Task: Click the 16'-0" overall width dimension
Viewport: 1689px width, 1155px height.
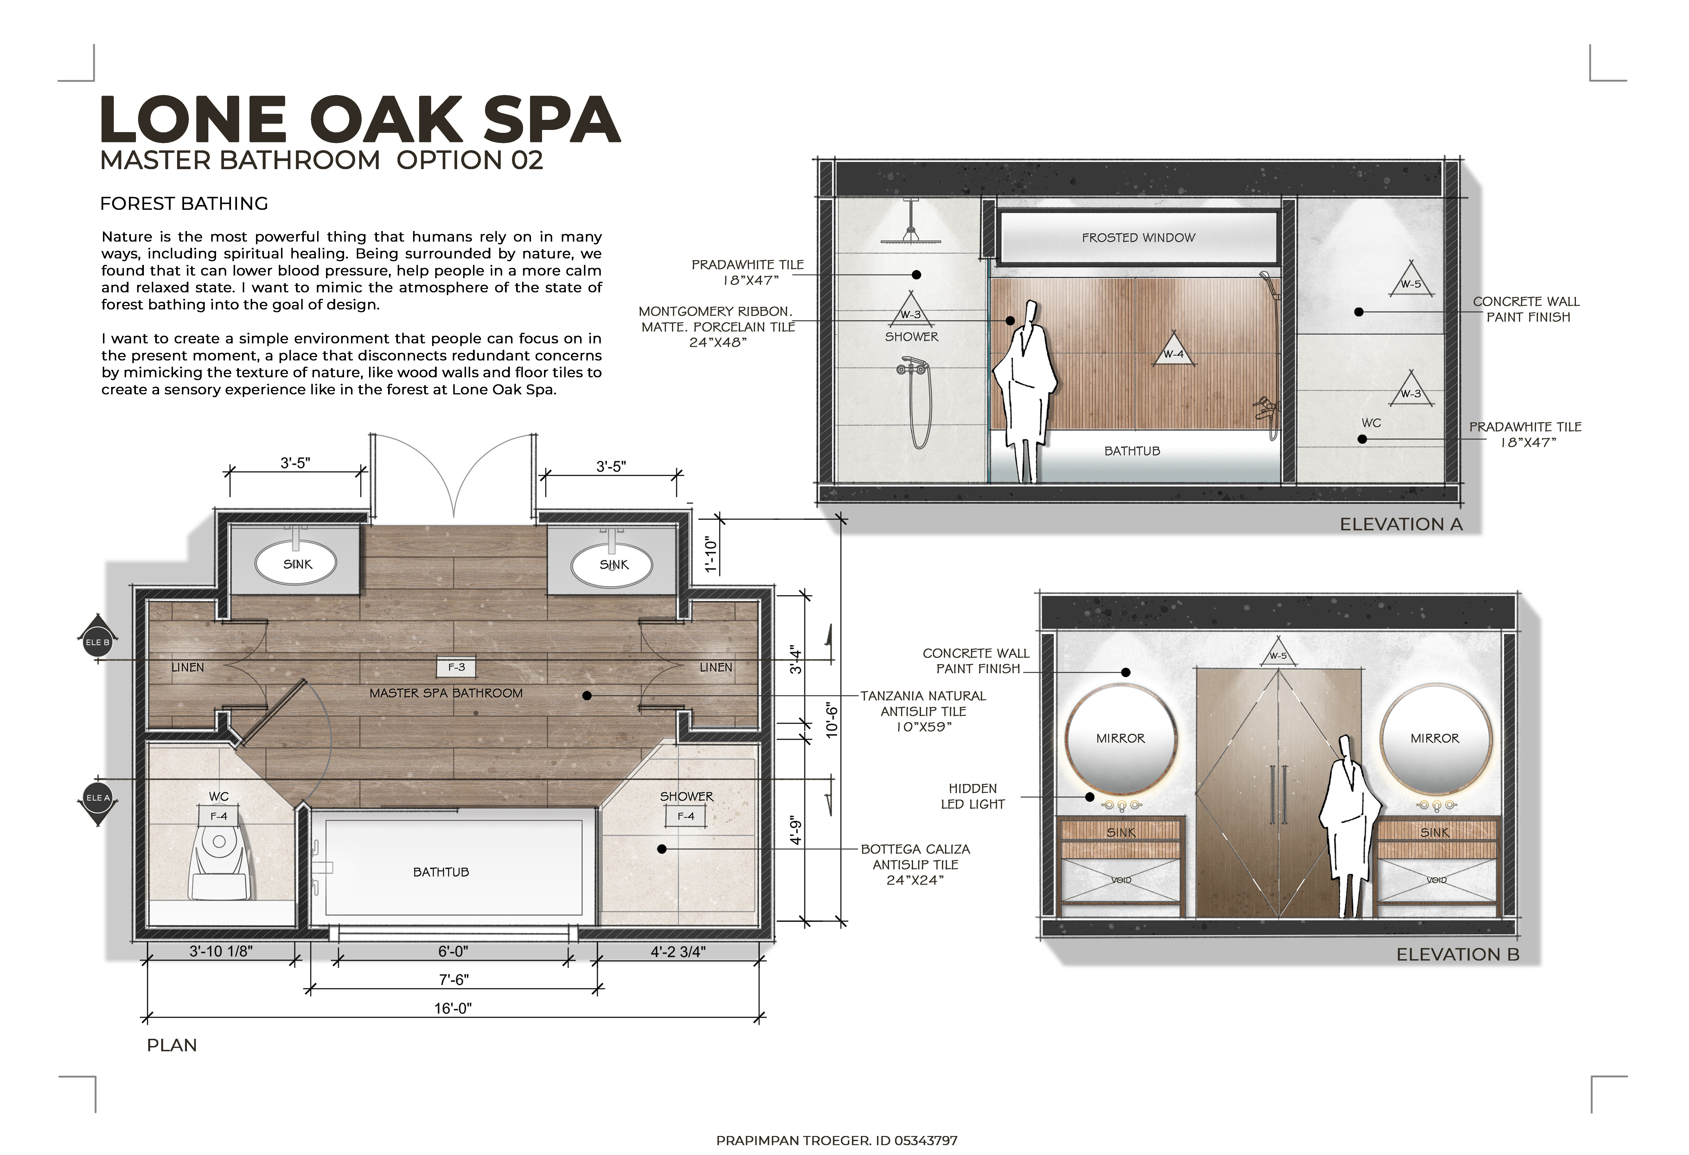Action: click(453, 1008)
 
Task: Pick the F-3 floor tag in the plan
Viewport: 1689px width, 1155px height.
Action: click(456, 667)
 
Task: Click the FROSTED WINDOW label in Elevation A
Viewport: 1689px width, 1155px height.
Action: click(1138, 238)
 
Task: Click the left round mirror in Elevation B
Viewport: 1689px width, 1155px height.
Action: click(1120, 739)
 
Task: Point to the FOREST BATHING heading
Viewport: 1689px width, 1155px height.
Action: click(184, 204)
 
